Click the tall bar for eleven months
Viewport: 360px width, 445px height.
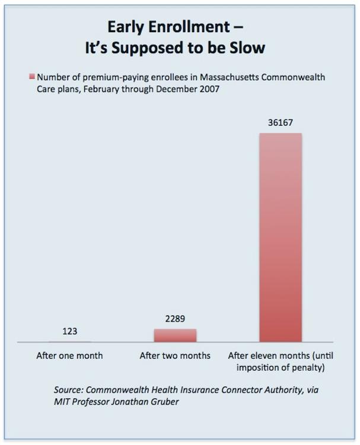[281, 237]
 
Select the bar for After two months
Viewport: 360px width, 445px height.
[175, 335]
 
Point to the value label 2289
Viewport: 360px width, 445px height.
[175, 319]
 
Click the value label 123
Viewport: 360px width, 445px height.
[69, 332]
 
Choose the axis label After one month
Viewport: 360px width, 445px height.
[69, 356]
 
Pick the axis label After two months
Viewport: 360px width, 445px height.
[175, 356]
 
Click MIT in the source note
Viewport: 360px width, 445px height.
[62, 401]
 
